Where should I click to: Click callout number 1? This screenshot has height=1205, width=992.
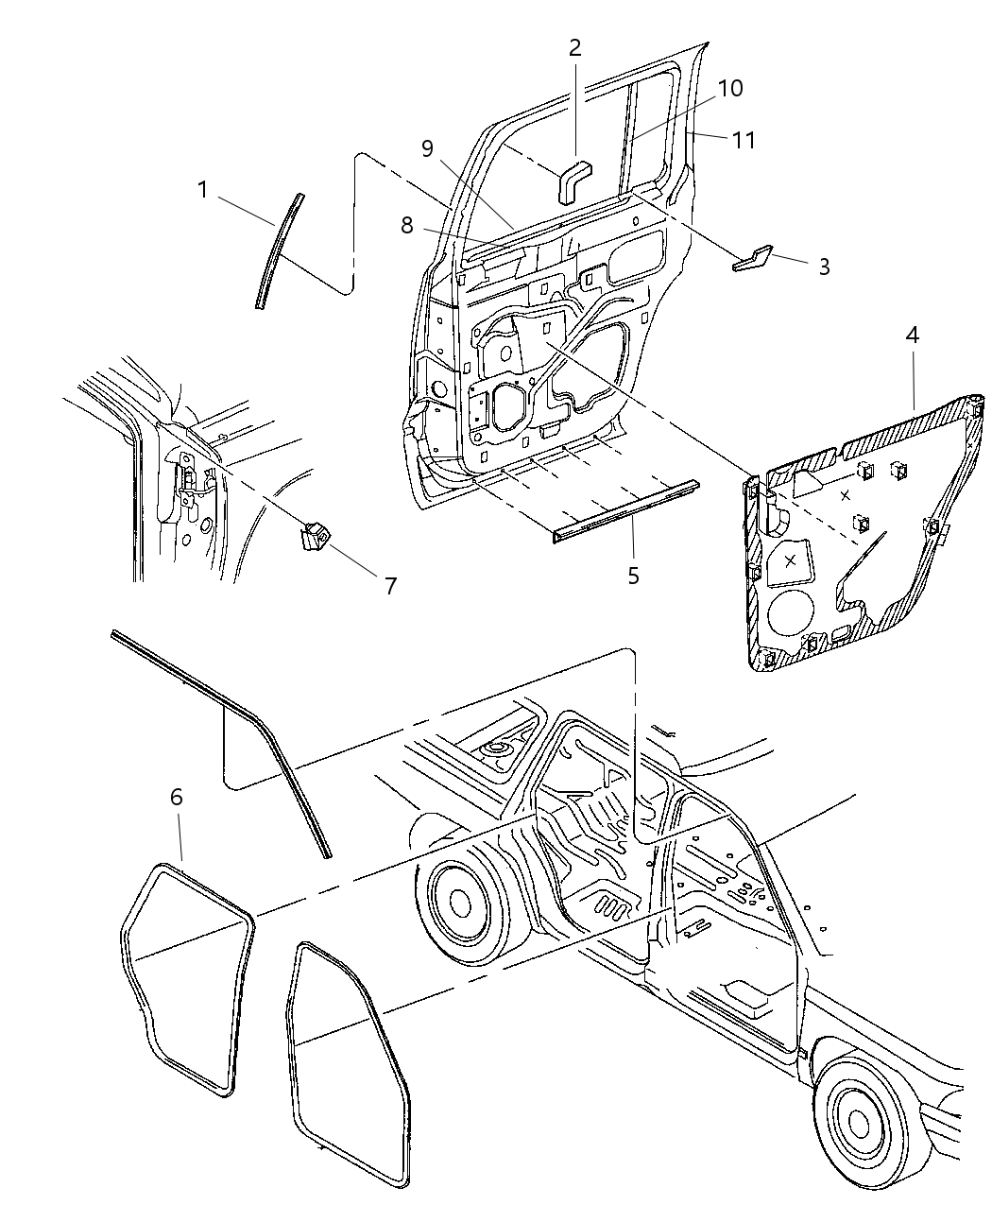coord(202,191)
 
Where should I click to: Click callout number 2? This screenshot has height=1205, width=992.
coord(575,48)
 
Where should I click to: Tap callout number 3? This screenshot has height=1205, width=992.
coord(824,267)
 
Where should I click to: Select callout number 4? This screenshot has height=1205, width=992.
coord(912,335)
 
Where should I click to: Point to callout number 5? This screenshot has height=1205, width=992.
coord(633,575)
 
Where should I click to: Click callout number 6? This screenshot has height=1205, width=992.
coord(177,797)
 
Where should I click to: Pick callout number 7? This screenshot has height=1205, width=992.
coord(390,586)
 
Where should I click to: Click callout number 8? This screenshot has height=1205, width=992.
coord(407,225)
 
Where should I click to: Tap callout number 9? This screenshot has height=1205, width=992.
coord(427,148)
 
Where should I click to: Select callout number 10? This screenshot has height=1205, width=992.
coord(729,88)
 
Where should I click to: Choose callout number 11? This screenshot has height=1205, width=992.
coord(744,140)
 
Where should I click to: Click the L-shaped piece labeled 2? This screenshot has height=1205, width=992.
coord(572,180)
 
